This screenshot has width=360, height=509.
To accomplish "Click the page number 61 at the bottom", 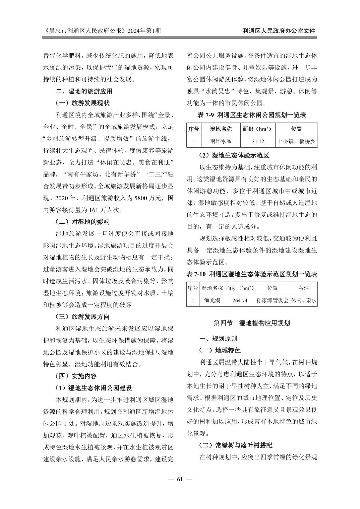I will click(180, 479).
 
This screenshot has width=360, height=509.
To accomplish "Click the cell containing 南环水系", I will click(221, 141).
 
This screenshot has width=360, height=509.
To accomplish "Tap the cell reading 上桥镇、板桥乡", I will click(296, 141).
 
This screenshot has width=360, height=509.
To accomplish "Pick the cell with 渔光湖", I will click(212, 300).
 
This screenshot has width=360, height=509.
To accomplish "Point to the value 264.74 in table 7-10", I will click(240, 300).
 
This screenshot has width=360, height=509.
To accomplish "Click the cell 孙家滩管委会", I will click(272, 300).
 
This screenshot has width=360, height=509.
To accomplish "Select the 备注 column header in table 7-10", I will click(304, 288).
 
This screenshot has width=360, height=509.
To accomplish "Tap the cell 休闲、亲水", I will click(304, 300).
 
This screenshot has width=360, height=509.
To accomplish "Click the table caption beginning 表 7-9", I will click(252, 115).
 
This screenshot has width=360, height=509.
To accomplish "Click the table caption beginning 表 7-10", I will click(252, 274).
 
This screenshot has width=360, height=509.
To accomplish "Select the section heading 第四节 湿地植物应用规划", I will click(252, 323).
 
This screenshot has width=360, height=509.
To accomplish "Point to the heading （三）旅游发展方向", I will click(82, 317).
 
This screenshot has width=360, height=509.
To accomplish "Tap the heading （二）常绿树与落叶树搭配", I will click(235, 445).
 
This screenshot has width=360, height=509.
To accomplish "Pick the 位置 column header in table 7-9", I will click(296, 129).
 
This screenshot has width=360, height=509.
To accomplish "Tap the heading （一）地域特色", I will click(220, 350).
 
